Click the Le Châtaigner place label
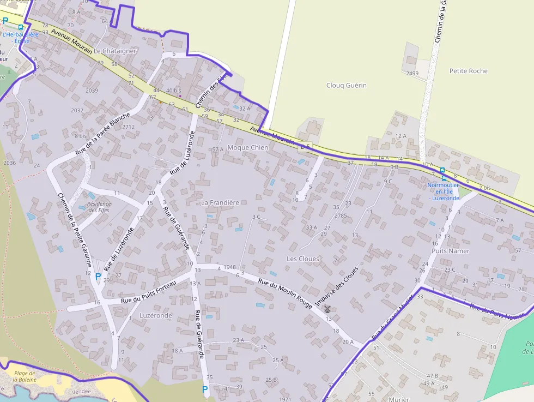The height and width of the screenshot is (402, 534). click(x=115, y=51)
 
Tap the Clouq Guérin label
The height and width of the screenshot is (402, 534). click(x=346, y=85)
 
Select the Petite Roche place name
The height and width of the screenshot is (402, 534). click(x=468, y=71)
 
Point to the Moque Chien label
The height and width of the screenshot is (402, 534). click(x=247, y=147)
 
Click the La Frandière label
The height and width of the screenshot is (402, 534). click(x=220, y=202)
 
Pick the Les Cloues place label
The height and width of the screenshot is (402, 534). click(x=303, y=259)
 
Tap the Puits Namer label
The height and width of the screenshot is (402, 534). click(x=450, y=251)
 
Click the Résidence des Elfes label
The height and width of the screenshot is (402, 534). click(x=99, y=207)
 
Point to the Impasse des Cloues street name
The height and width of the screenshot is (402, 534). click(x=337, y=286)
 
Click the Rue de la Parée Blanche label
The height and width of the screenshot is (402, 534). click(x=103, y=133)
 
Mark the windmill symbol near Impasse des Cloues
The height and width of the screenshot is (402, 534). click(x=327, y=309)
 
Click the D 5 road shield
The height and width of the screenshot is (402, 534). click(x=305, y=146)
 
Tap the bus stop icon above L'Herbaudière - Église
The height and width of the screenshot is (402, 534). click(x=21, y=27)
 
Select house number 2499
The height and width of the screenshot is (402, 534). click(x=412, y=73)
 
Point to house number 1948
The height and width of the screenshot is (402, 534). click(x=229, y=268)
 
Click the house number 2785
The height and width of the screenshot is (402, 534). click(x=341, y=215)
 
